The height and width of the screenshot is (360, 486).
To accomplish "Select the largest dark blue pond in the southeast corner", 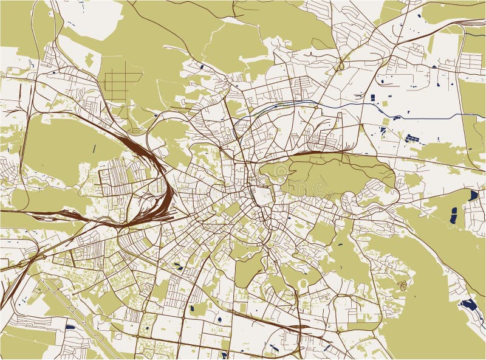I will coord(468,304).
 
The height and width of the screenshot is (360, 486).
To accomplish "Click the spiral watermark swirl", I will coord(401,285).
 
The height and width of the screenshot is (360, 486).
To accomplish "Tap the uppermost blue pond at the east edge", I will coord(473,195).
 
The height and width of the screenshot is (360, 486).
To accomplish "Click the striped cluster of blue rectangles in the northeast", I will coord(412,138).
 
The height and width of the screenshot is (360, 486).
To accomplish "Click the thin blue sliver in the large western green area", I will coord(94,149).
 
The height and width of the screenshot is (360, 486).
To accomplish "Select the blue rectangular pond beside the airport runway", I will coord(70,327).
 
